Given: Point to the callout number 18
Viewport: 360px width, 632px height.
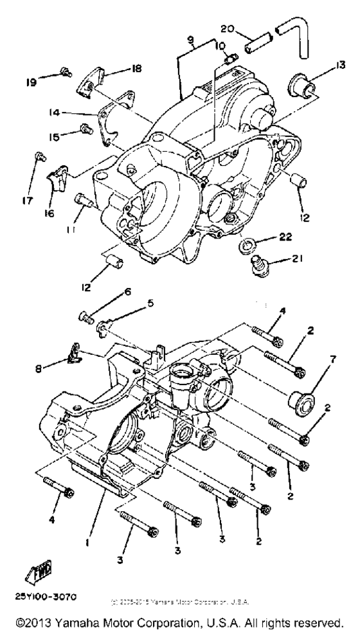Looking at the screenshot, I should (x=136, y=68).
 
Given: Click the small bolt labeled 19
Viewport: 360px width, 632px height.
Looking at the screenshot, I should (x=65, y=71).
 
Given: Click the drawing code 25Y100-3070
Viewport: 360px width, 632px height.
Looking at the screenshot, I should (x=44, y=597).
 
